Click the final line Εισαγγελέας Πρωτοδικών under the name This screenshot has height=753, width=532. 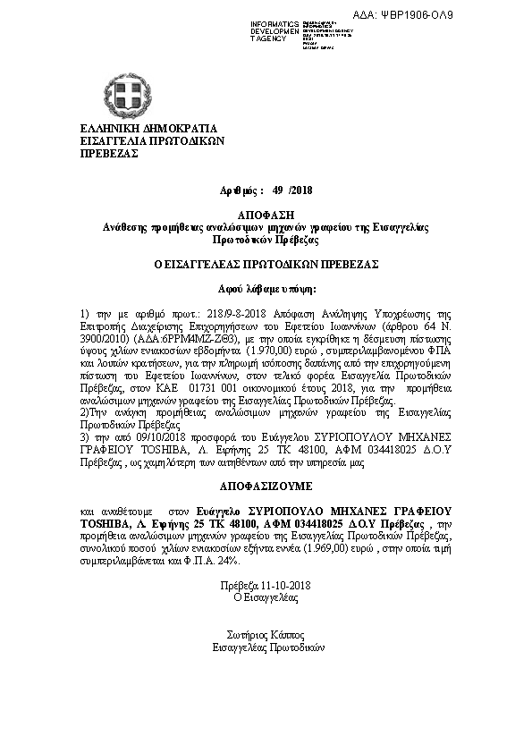click(268, 646)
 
